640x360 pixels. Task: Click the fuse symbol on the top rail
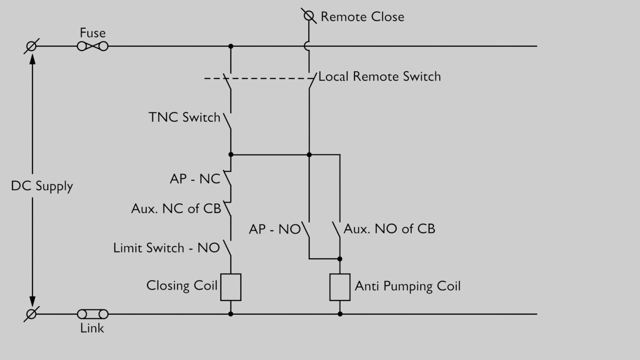pyautogui.click(x=92, y=46)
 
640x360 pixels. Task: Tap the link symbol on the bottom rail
pyautogui.click(x=92, y=314)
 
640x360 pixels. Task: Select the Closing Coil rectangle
pyautogui.click(x=230, y=287)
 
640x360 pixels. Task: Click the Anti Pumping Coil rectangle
pyautogui.click(x=340, y=287)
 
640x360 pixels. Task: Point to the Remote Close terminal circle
pyautogui.click(x=308, y=16)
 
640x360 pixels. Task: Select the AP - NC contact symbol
pyautogui.click(x=227, y=178)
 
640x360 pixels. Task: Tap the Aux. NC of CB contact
pyautogui.click(x=227, y=208)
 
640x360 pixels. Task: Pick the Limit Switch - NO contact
pyautogui.click(x=227, y=247)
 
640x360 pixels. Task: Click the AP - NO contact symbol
pyautogui.click(x=306, y=230)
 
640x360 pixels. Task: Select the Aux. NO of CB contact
pyautogui.click(x=337, y=230)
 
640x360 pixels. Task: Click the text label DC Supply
pyautogui.click(x=42, y=186)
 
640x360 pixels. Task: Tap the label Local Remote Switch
pyautogui.click(x=379, y=77)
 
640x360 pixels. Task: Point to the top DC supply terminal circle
pyautogui.click(x=31, y=46)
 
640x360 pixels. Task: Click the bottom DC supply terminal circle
pyautogui.click(x=31, y=314)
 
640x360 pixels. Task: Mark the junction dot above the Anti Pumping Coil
pyautogui.click(x=340, y=259)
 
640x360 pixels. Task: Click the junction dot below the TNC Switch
pyautogui.click(x=231, y=155)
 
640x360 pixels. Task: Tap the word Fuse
pyautogui.click(x=92, y=33)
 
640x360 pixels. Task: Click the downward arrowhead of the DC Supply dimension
pyautogui.click(x=32, y=301)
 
